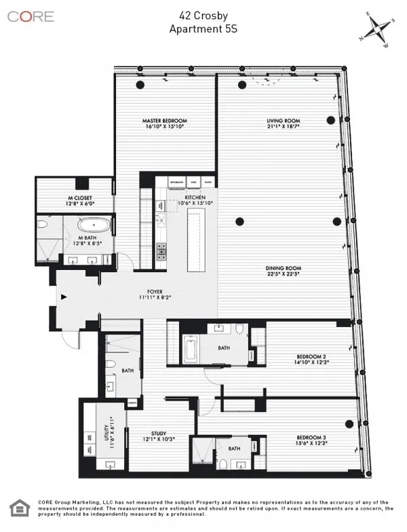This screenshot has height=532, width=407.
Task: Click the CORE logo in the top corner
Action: [31, 16]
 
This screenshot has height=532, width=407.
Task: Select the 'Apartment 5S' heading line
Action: [203, 28]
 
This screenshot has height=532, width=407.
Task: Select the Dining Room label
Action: [283, 271]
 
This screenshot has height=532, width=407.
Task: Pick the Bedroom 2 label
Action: [311, 359]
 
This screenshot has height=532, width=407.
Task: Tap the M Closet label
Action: [75, 199]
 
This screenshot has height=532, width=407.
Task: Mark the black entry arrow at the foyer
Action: [64, 297]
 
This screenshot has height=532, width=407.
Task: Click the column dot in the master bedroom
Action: [140, 84]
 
